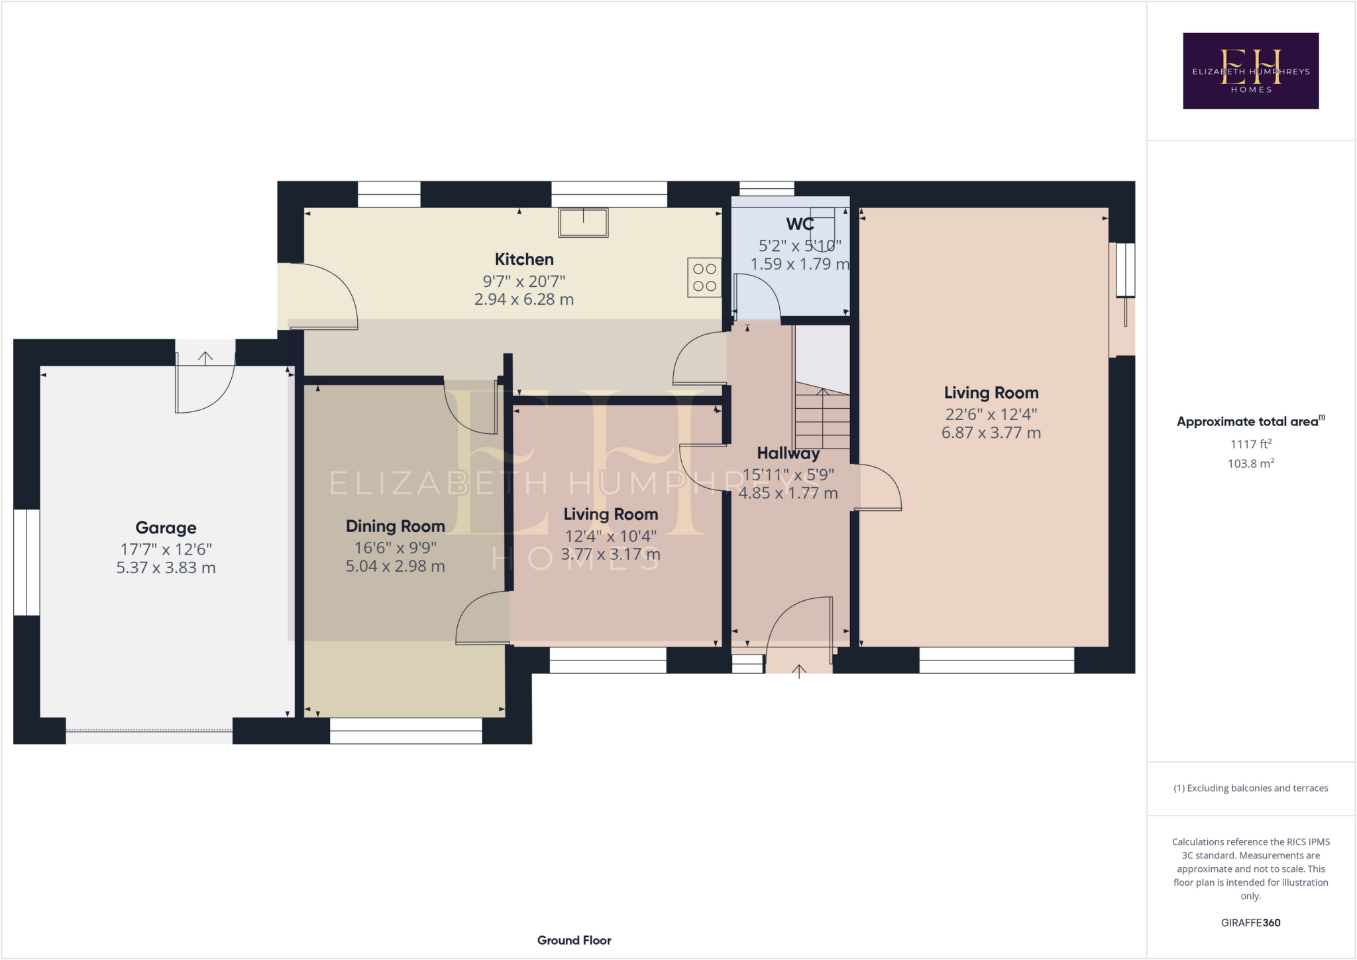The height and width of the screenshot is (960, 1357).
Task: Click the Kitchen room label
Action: pos(523,259)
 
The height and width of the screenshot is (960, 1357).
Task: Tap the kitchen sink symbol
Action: pos(583,223)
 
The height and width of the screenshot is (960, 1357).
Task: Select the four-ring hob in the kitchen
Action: pos(704,277)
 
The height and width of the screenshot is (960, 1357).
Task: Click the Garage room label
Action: pos(166,527)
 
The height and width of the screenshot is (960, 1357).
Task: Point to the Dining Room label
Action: pos(395,526)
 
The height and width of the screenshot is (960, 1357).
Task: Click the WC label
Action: pos(800,224)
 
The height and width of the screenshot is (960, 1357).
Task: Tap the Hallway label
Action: pos(788,453)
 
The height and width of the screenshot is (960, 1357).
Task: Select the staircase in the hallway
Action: pos(822,417)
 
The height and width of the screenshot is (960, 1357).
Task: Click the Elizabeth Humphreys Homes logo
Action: pos(1250,71)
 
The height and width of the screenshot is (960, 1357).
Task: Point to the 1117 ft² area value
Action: pos(1250,444)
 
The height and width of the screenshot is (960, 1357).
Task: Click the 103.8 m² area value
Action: pos(1250,463)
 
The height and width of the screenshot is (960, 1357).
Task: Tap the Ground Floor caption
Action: pos(574,940)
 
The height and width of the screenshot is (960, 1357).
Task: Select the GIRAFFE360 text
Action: pos(1250,922)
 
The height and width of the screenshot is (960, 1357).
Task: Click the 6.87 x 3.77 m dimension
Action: pos(991,433)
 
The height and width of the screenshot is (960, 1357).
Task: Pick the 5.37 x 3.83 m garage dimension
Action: pos(166,568)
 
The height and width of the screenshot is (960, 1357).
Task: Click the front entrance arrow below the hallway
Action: pos(799,671)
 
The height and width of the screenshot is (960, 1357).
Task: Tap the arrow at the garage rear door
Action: pos(205,358)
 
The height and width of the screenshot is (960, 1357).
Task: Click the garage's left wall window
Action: pos(27,562)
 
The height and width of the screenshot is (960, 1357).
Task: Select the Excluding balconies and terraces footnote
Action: pos(1250,788)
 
